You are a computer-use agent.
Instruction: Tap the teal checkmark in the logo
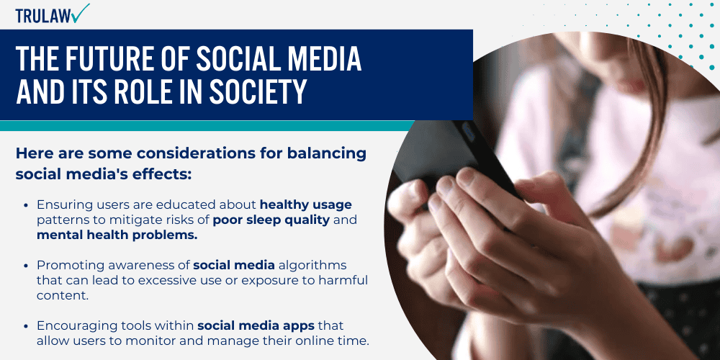[x=81, y=12]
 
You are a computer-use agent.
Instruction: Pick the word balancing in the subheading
[x=329, y=153]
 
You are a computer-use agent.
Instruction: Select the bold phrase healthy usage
[x=306, y=205]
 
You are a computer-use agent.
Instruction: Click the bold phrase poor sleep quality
[x=271, y=220]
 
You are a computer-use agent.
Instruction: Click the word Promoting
[x=66, y=265]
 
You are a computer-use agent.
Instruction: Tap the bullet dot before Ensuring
[x=26, y=205]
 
